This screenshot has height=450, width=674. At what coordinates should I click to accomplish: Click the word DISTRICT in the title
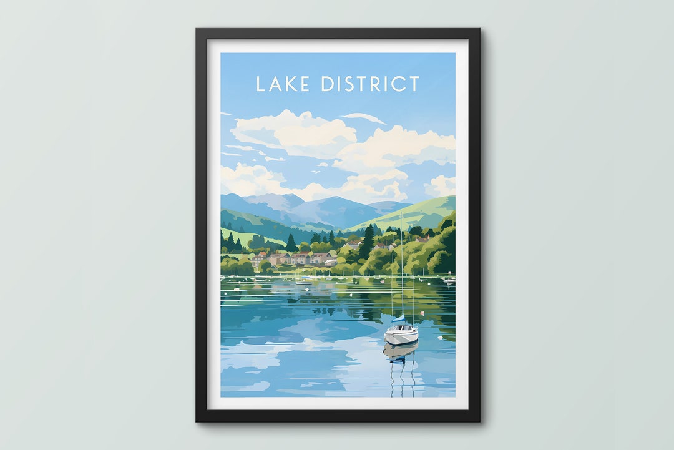[369, 84]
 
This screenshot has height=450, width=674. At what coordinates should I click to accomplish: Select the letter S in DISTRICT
[345, 84]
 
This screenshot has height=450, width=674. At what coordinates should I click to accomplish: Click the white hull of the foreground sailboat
[401, 337]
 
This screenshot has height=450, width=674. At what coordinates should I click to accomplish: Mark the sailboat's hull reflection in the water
[400, 351]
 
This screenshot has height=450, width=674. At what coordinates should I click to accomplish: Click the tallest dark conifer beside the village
[368, 240]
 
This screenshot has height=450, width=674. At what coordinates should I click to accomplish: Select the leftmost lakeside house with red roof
[258, 257]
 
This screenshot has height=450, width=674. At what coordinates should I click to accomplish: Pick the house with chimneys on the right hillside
[422, 238]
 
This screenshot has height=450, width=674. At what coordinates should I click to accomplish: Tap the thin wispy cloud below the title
[364, 117]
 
